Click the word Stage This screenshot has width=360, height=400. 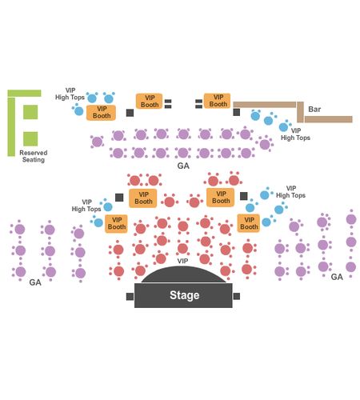coord(184,295)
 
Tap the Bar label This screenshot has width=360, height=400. coord(314,110)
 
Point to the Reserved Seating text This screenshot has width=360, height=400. coord(34,156)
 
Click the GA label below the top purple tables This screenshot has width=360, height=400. coord(183,166)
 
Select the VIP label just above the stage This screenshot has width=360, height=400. coord(182,261)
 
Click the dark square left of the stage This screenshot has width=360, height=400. coord(130,297)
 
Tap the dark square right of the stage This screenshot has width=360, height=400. coord(237,296)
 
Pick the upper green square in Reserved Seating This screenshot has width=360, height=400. coord(30,112)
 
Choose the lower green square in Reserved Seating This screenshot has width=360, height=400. coord(30,139)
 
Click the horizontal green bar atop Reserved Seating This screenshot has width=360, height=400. coord(24,93)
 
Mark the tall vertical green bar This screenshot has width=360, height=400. coord(11,127)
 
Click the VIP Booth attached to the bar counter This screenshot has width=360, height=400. coord(218,101)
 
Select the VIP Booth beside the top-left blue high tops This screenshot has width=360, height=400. coord(101,113)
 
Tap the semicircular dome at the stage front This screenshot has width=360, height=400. coord(183,275)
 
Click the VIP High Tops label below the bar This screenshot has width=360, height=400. coord(295,134)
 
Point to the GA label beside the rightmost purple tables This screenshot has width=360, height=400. coord(337,277)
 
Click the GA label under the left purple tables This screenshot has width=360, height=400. coord(35,282)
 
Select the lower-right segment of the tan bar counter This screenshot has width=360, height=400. coord(329,119)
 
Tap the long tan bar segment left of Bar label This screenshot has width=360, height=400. coord(265,105)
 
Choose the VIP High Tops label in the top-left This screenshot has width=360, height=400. coord(70,94)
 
